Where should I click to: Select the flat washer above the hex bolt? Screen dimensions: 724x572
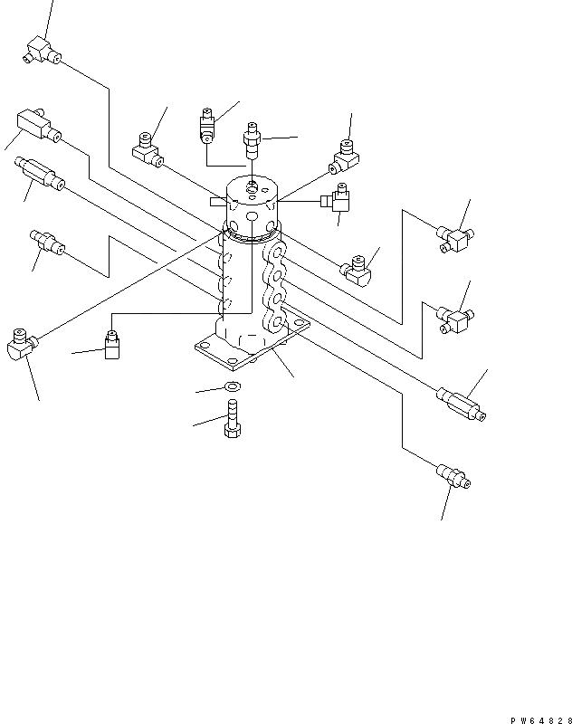[x=232, y=389]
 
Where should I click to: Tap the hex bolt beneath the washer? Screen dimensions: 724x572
[x=232, y=421]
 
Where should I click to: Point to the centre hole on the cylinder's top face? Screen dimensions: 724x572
[x=252, y=189]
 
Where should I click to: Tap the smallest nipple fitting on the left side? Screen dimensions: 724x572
[x=48, y=242]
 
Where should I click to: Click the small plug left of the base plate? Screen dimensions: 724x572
[x=112, y=346]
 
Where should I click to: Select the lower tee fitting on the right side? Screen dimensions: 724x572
[x=453, y=316]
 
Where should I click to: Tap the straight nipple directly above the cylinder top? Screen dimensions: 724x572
[x=252, y=142]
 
